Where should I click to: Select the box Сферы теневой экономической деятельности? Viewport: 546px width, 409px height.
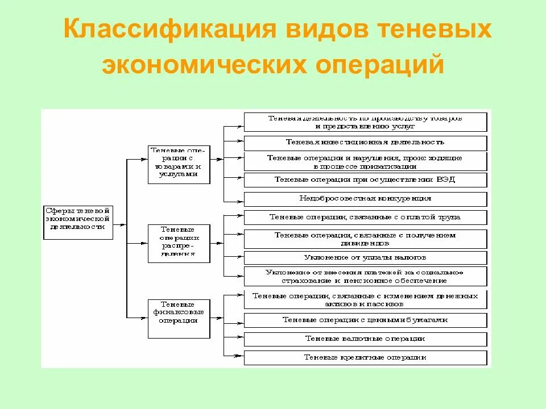[77, 222]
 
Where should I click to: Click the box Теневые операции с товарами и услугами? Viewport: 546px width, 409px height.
[179, 165]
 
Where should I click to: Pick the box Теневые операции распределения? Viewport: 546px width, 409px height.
[179, 243]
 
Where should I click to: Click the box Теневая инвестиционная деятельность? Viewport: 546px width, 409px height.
[365, 143]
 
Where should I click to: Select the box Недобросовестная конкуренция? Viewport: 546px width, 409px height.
[365, 199]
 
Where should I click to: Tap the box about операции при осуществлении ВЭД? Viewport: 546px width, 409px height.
[365, 180]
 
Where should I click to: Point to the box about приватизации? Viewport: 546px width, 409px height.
[365, 161]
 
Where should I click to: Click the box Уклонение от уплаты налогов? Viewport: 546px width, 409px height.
[365, 258]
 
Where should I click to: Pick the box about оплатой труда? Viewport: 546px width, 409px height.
[365, 218]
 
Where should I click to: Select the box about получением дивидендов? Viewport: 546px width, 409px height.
[365, 239]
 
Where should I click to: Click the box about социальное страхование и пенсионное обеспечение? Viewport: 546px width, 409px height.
[365, 277]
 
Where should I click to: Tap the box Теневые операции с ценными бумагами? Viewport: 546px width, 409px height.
[365, 320]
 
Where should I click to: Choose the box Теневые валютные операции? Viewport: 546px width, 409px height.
[365, 339]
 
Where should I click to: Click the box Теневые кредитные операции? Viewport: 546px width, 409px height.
[365, 358]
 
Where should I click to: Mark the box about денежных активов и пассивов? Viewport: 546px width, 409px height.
[365, 300]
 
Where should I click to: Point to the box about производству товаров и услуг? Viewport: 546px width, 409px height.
[365, 122]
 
